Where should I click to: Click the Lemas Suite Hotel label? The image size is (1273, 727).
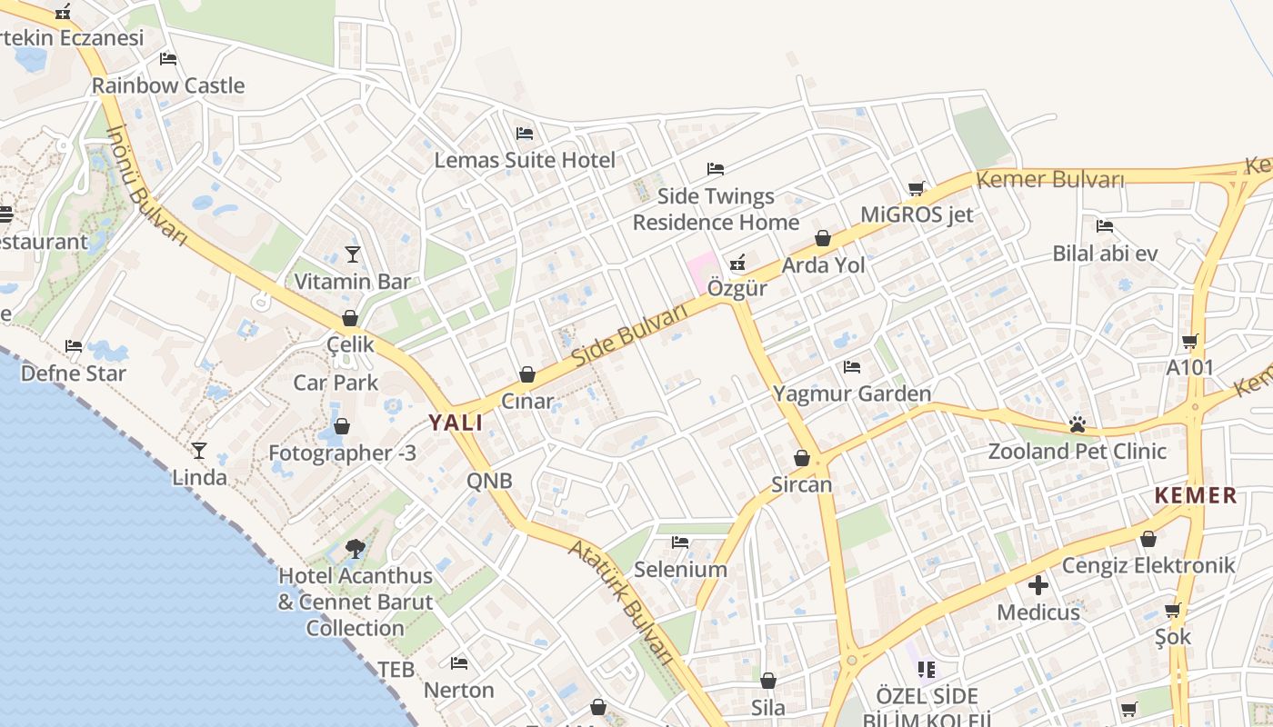pyautogui.click(x=525, y=160)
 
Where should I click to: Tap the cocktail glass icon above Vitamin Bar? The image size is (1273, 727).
pyautogui.click(x=353, y=254)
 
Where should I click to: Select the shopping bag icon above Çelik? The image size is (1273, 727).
pyautogui.click(x=350, y=318)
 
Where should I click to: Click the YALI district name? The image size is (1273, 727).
pyautogui.click(x=456, y=423)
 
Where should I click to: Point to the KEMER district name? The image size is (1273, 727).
pyautogui.click(x=1196, y=496)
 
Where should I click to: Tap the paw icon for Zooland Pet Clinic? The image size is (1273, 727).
pyautogui.click(x=1078, y=423)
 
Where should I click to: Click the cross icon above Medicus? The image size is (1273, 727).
pyautogui.click(x=1038, y=585)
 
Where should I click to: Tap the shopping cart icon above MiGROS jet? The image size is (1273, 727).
pyautogui.click(x=917, y=189)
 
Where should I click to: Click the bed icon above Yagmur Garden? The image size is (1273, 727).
pyautogui.click(x=852, y=367)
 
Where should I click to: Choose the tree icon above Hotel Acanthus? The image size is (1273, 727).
pyautogui.click(x=355, y=548)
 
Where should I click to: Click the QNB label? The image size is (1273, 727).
pyautogui.click(x=489, y=481)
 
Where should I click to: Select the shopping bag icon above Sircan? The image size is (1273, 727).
pyautogui.click(x=802, y=458)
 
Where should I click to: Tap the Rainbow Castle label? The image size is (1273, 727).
pyautogui.click(x=168, y=85)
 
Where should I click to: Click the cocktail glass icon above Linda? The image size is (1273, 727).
pyautogui.click(x=199, y=450)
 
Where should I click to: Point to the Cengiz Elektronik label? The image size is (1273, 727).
pyautogui.click(x=1148, y=565)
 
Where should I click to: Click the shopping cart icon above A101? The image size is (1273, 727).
pyautogui.click(x=1190, y=342)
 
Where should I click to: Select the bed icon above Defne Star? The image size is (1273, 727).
pyautogui.click(x=74, y=346)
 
